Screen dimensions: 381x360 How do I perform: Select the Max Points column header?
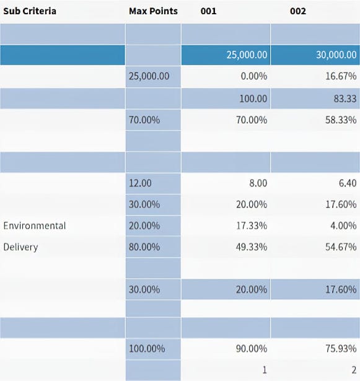[x=153, y=11]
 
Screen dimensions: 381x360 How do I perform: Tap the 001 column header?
[x=209, y=11]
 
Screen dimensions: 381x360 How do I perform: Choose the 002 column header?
[x=298, y=11]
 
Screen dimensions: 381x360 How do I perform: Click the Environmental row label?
[x=35, y=226]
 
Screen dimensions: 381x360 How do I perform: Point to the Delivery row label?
[x=20, y=247]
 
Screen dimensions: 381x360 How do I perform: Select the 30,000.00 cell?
[x=336, y=55]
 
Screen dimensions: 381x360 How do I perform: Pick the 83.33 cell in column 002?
[x=346, y=98]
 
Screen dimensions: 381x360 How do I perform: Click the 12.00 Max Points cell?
[x=140, y=183]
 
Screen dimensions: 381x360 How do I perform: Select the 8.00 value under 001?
[x=257, y=183]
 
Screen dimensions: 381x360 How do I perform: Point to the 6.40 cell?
[x=346, y=183]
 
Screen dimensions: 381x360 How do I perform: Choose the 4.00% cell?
[x=345, y=226]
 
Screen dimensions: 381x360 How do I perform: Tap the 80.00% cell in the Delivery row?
[x=144, y=247]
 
